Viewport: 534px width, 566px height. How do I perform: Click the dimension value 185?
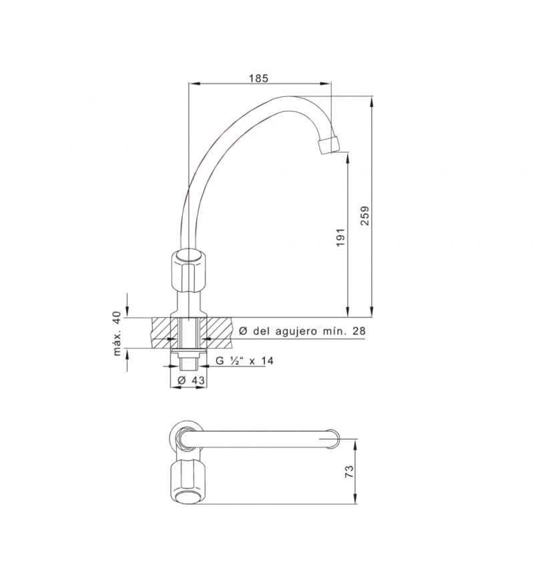pyautogui.click(x=258, y=78)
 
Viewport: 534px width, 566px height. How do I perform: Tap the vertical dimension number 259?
pyautogui.click(x=365, y=216)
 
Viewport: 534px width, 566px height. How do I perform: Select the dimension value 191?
pyautogui.click(x=340, y=237)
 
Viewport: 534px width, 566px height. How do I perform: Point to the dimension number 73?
pyautogui.click(x=350, y=471)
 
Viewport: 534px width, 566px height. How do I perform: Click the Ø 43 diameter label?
pyautogui.click(x=191, y=380)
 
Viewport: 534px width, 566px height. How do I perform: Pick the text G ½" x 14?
pyautogui.click(x=244, y=360)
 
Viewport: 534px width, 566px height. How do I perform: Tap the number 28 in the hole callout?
pyautogui.click(x=359, y=330)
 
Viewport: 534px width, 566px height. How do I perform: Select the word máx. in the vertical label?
pyautogui.click(x=117, y=344)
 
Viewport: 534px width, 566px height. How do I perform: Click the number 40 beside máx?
pyautogui.click(x=117, y=318)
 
